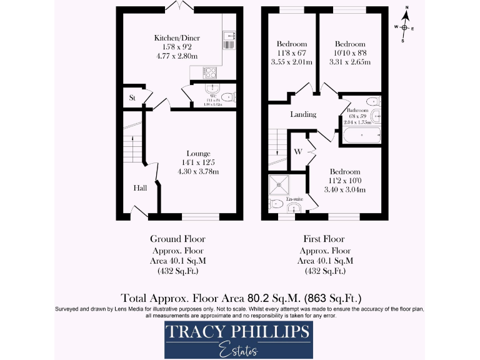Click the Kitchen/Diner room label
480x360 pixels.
click(x=176, y=38)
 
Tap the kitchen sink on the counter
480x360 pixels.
click(x=227, y=42)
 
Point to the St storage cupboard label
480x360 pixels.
click(x=132, y=98)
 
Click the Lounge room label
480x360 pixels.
click(x=198, y=153)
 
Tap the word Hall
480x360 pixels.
click(x=140, y=187)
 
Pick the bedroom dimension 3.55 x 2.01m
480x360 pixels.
click(x=291, y=62)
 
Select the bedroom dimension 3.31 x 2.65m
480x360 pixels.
click(x=350, y=62)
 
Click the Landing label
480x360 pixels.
click(x=303, y=114)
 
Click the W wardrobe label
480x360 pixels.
click(x=298, y=152)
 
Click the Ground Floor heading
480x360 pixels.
click(x=177, y=239)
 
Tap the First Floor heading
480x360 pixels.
click(x=324, y=239)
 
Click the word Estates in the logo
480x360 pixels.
click(x=239, y=351)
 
